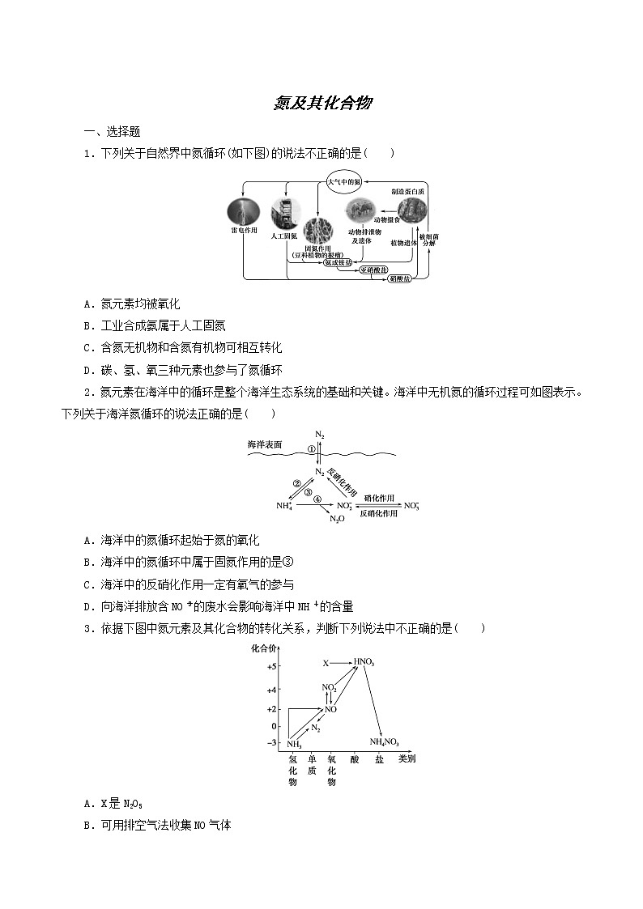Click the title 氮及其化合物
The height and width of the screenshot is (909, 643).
[x=322, y=103]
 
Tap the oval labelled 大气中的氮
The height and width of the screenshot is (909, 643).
[x=344, y=183]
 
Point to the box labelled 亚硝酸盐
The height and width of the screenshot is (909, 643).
[x=373, y=270]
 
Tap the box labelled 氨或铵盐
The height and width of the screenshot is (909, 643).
[x=339, y=262]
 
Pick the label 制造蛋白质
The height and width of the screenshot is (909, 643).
[x=407, y=191]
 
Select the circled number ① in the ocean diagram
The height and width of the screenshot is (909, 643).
[x=311, y=449]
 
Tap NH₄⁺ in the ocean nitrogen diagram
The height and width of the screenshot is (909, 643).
[x=283, y=506]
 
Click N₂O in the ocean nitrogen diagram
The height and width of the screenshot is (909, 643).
[x=337, y=519]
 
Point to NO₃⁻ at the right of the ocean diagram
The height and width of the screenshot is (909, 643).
[x=411, y=506]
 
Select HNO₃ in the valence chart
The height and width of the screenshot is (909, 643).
[x=364, y=662]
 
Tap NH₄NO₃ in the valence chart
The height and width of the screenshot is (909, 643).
[x=384, y=741]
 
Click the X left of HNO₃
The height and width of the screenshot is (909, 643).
[x=326, y=663]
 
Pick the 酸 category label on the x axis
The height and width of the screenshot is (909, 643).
[x=354, y=760]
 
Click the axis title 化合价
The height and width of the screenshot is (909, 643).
[x=265, y=648]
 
